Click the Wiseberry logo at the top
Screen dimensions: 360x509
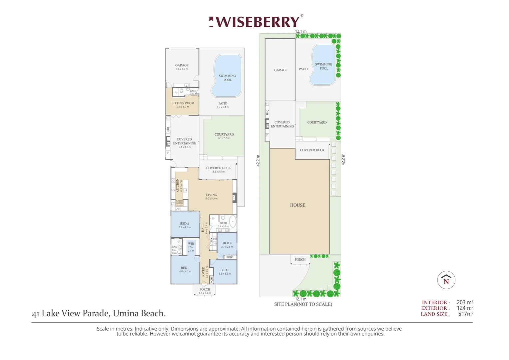[x=256, y=22]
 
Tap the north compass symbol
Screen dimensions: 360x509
[x=446, y=280]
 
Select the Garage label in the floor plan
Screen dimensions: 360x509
[x=182, y=65]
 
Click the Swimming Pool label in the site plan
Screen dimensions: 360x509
[x=324, y=66]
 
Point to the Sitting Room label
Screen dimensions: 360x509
[x=183, y=103]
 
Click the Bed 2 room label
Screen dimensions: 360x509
[x=185, y=223]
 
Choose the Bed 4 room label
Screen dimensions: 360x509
[x=227, y=243]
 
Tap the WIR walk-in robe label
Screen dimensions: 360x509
[x=191, y=244]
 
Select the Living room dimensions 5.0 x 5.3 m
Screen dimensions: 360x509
[x=212, y=199]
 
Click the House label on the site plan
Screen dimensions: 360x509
[x=297, y=205]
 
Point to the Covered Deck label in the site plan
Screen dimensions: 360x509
[x=312, y=150]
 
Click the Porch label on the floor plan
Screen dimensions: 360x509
[x=205, y=289]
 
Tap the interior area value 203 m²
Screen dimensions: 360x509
[x=465, y=302]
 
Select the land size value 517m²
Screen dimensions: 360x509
[x=466, y=314]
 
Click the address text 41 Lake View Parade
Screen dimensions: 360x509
[x=99, y=313]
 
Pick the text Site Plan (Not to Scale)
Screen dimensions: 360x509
[x=303, y=304]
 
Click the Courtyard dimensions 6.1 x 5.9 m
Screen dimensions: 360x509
[x=224, y=138]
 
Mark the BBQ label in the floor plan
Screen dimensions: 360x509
[x=168, y=130]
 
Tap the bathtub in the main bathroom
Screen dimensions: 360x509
[x=233, y=222]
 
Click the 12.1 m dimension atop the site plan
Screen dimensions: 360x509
[x=301, y=31]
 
